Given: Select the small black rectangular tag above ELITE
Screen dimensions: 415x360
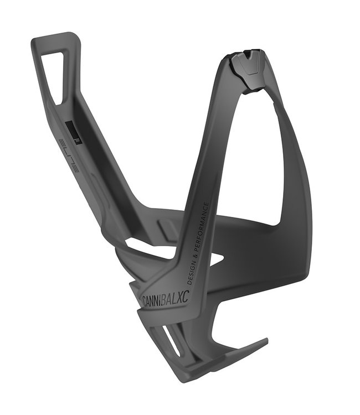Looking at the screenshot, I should pyautogui.click(x=72, y=131).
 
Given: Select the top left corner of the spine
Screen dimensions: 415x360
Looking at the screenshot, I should pyautogui.click(x=34, y=41).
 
